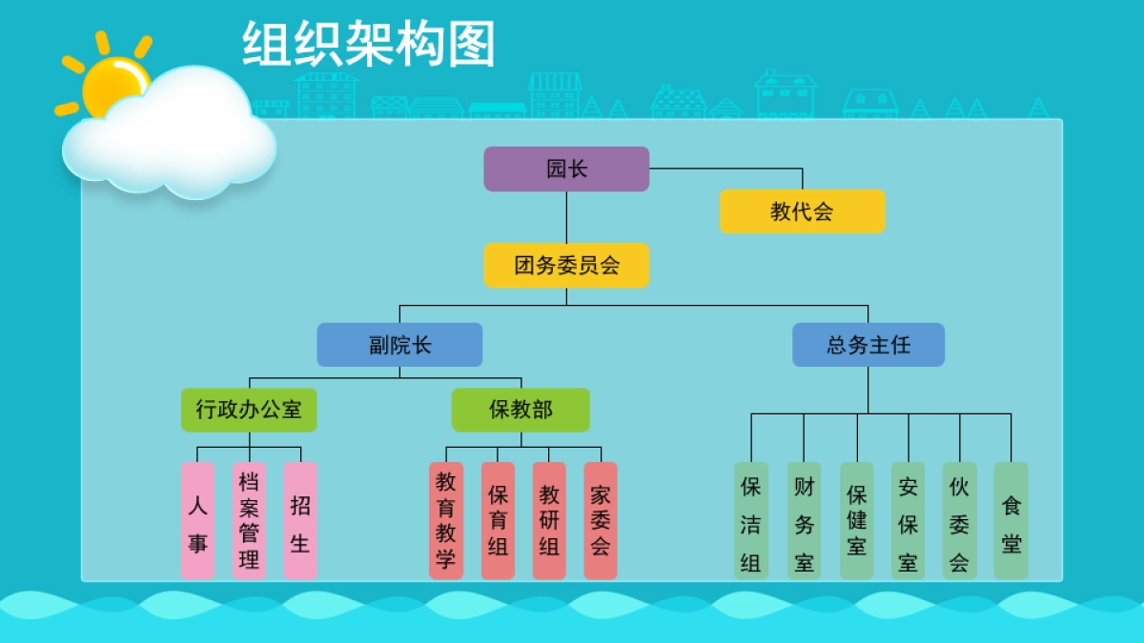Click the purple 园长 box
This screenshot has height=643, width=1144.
(x=566, y=169)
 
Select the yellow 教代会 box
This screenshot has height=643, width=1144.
(x=802, y=211)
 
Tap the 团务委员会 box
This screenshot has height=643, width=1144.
(x=566, y=266)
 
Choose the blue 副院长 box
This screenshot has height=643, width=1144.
(x=399, y=345)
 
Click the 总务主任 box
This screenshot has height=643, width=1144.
(x=868, y=345)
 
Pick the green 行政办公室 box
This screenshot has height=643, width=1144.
(x=249, y=410)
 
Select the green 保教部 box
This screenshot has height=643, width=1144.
(x=521, y=410)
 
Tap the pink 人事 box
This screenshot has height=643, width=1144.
(x=197, y=521)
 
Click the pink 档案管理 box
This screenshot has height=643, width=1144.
(x=249, y=521)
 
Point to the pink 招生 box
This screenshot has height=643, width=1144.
(x=299, y=521)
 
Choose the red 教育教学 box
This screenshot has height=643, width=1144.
(x=446, y=521)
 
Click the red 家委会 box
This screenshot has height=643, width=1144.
(x=601, y=521)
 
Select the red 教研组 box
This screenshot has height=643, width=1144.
(x=549, y=521)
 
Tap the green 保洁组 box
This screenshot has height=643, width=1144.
(x=751, y=521)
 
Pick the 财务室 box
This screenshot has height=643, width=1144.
(x=805, y=521)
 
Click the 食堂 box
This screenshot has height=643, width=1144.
(x=1011, y=521)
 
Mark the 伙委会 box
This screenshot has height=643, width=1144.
(x=959, y=521)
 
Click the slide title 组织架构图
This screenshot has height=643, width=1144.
(x=369, y=45)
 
